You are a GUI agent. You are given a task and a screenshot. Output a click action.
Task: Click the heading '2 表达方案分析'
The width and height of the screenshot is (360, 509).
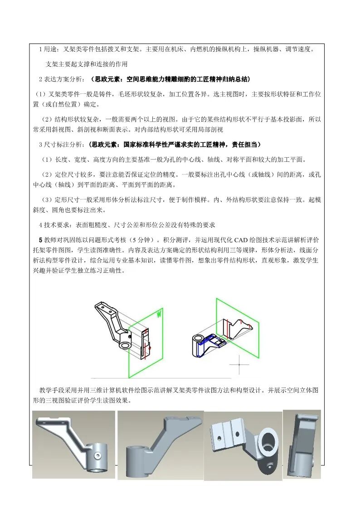(x=61, y=79)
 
